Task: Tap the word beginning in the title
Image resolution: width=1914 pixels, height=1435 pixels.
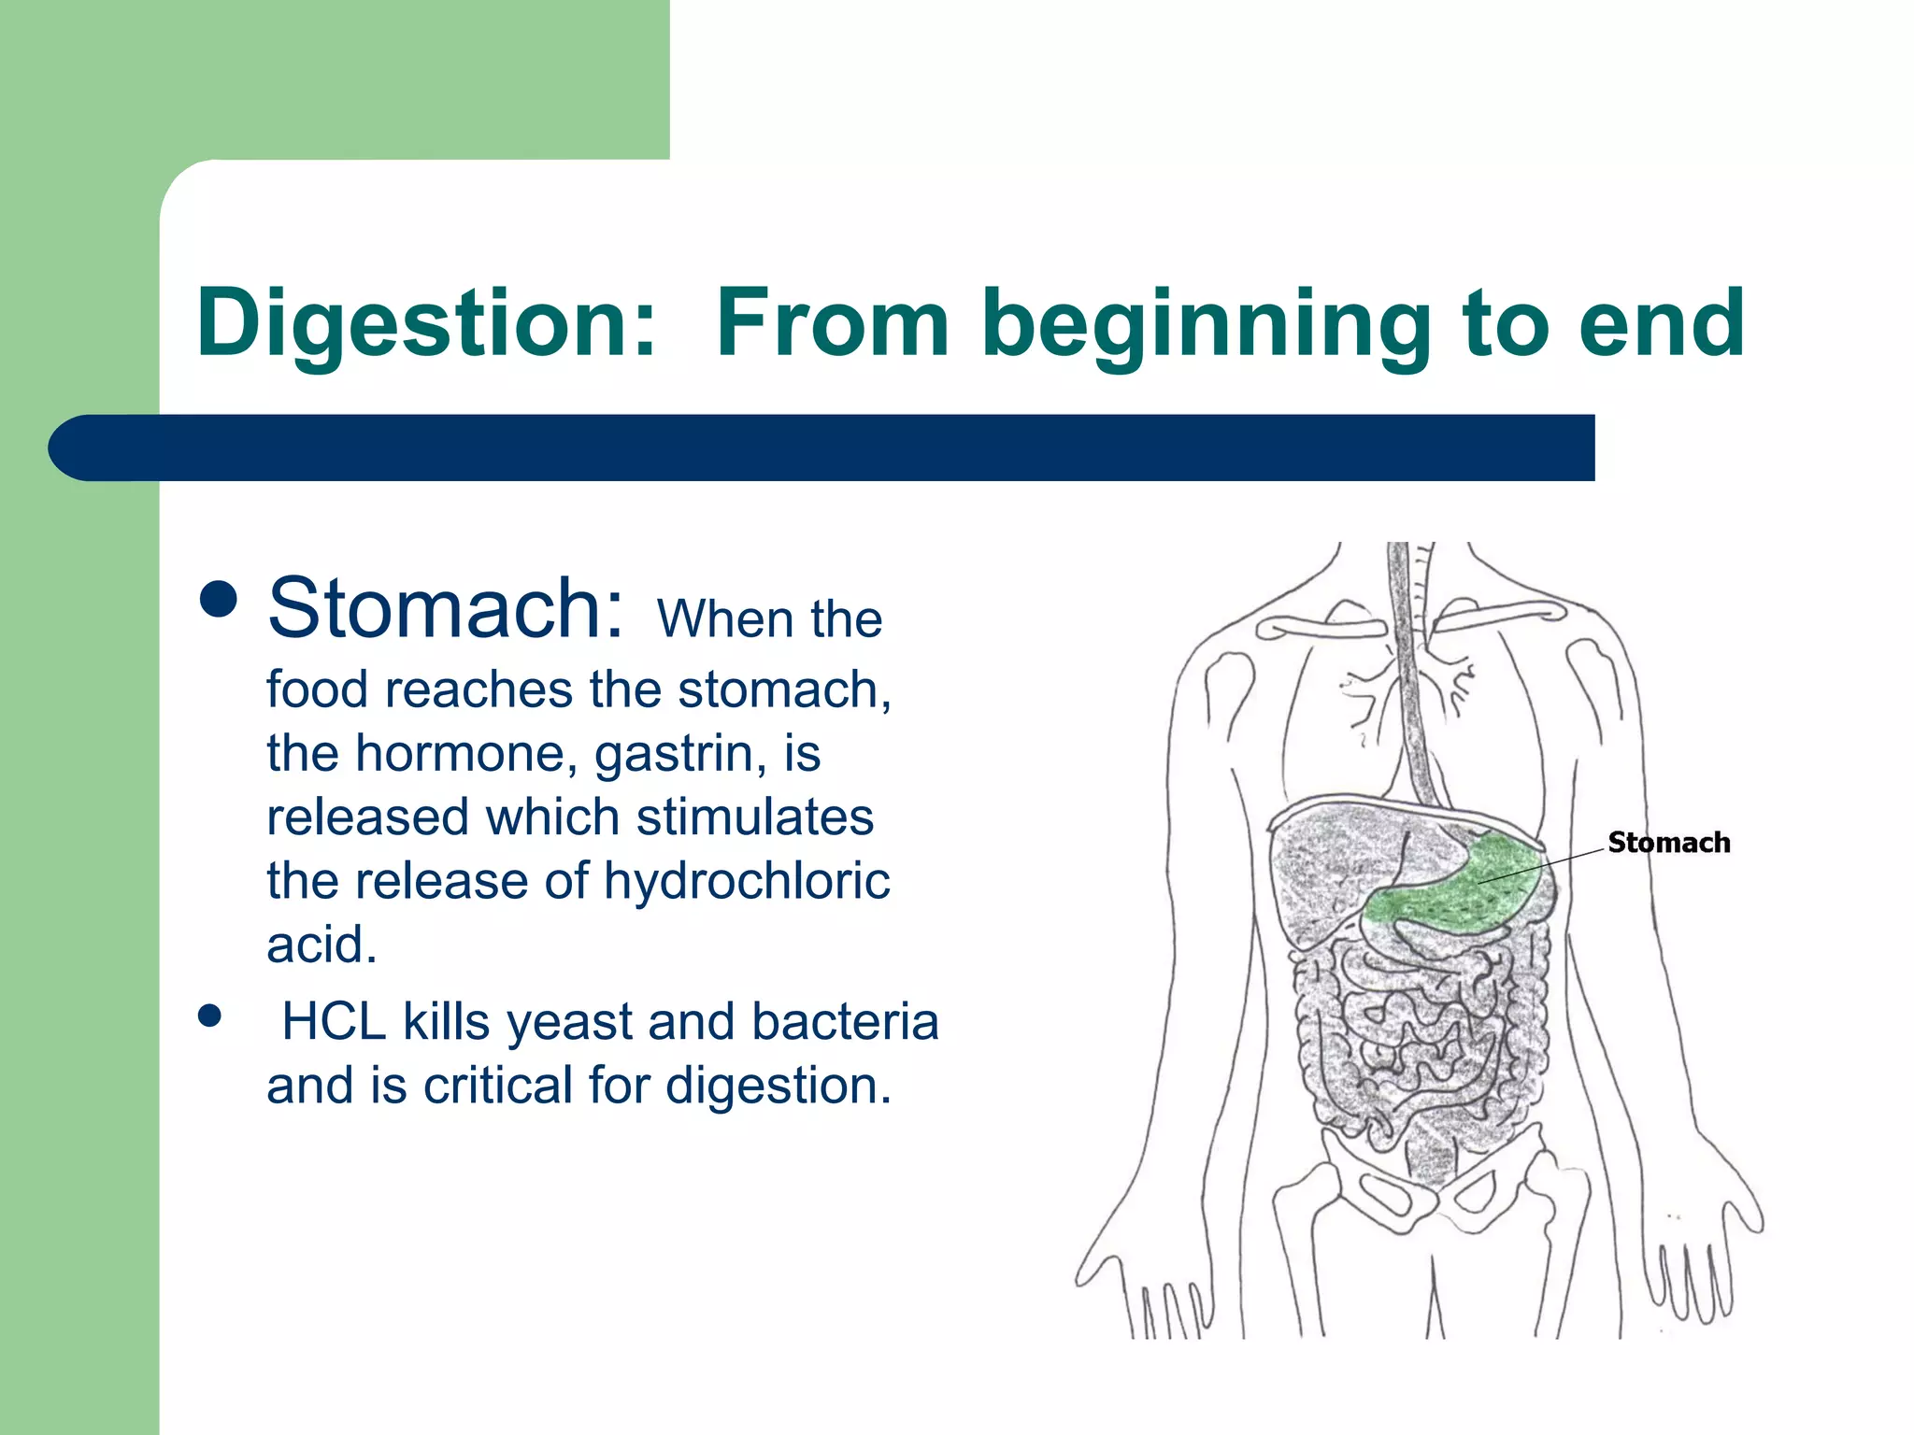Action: click(x=1205, y=323)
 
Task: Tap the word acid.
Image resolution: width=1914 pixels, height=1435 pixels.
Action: click(x=321, y=944)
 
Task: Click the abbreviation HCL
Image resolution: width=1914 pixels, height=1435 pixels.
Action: click(x=334, y=1021)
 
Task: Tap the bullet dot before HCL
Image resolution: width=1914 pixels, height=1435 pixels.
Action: click(x=209, y=1016)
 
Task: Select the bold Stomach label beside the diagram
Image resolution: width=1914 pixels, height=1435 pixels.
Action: click(x=1668, y=843)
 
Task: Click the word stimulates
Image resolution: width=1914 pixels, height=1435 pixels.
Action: click(x=755, y=817)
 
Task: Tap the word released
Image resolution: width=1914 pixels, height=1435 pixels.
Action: click(x=366, y=817)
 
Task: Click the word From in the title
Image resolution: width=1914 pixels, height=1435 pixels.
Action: click(x=833, y=323)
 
